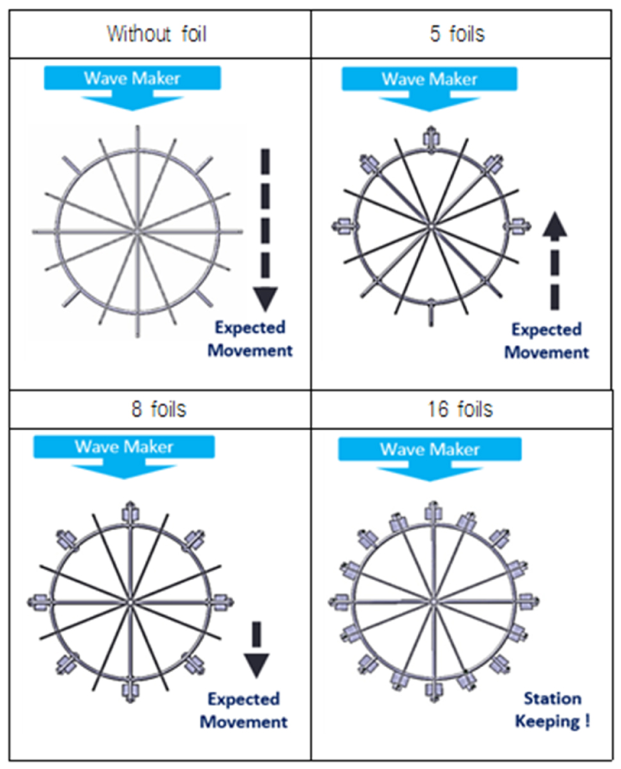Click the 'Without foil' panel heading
(x=157, y=34)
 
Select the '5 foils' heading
(x=457, y=34)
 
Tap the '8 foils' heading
(x=158, y=409)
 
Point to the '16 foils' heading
(x=460, y=409)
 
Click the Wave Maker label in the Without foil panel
(x=132, y=78)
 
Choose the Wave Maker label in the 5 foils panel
(x=429, y=79)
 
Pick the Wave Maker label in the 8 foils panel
(x=124, y=447)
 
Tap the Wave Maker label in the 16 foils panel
(x=429, y=449)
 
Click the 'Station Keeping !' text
(x=552, y=710)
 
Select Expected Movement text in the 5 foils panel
(x=546, y=341)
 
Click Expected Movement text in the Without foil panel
(x=250, y=338)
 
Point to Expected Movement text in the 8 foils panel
(x=244, y=710)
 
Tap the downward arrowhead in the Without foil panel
(x=265, y=299)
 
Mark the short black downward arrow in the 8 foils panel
(x=256, y=650)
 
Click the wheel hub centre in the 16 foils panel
(x=433, y=602)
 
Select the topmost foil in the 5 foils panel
(x=431, y=139)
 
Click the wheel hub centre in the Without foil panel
(x=137, y=232)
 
